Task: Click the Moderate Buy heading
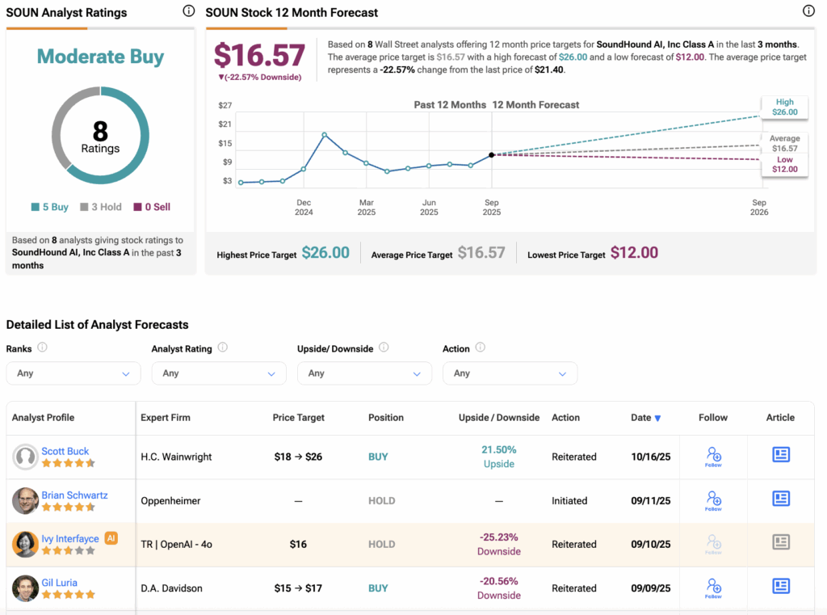coord(100,57)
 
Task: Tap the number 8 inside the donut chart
coord(100,131)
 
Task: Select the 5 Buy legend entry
coord(50,207)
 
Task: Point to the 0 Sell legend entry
coord(153,207)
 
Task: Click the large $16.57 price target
coord(259,56)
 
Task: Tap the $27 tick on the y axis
coord(226,105)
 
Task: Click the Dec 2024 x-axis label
coord(304,207)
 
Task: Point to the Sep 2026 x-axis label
coord(759,207)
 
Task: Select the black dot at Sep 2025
coord(492,154)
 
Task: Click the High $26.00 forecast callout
coord(784,107)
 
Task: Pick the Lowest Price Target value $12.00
coord(634,253)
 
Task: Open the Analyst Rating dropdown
coord(218,373)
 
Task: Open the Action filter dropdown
coord(510,373)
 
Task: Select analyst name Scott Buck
coord(65,451)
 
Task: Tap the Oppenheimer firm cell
coord(171,501)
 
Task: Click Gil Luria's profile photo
coord(25,588)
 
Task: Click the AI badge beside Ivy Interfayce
coord(111,537)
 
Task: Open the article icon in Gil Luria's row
coord(780,586)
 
